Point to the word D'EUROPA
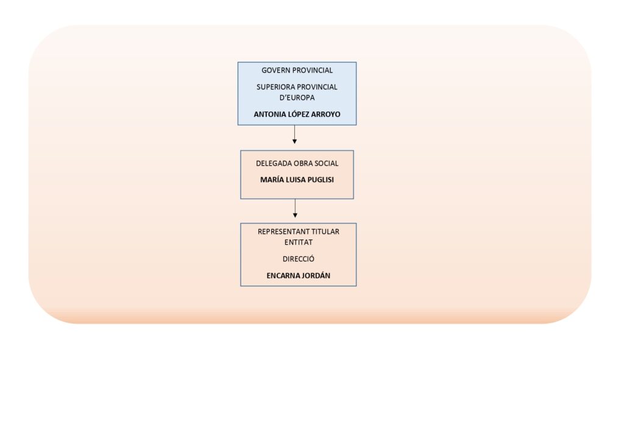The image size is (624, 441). click(x=297, y=98)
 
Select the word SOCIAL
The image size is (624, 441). click(x=327, y=163)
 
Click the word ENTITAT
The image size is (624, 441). click(x=299, y=242)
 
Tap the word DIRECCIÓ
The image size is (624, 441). click(x=299, y=259)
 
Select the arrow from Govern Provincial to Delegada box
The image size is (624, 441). click(x=294, y=135)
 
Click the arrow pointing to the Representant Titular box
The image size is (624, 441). click(x=295, y=208)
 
